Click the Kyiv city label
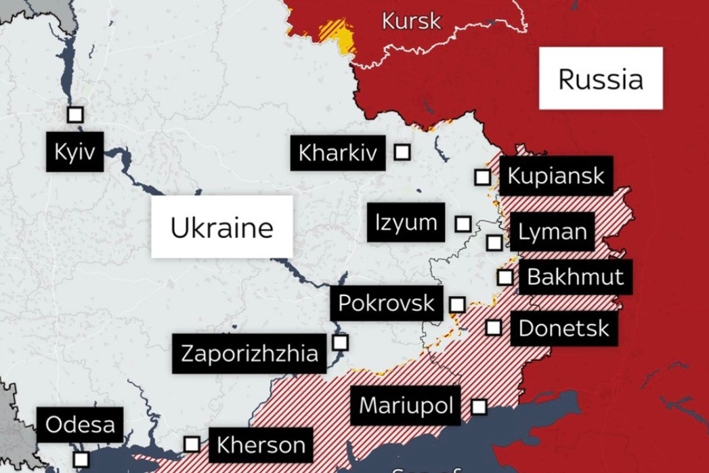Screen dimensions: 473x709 [x=74, y=152]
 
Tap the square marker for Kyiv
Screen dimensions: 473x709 [x=75, y=115]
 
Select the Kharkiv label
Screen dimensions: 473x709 [x=337, y=153]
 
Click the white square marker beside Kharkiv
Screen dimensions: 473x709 [x=402, y=152]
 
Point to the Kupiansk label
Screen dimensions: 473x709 [x=556, y=176]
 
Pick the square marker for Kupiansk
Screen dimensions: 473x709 [x=482, y=177]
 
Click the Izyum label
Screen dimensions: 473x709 [x=406, y=222]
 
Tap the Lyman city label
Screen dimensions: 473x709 [x=552, y=232]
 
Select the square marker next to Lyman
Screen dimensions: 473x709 [x=494, y=242]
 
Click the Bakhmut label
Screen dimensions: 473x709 [x=575, y=276]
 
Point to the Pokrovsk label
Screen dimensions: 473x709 [x=386, y=302]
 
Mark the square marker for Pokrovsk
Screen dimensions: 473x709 [x=458, y=304]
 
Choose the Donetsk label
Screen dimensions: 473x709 [x=563, y=329]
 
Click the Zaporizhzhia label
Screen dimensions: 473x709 [x=249, y=353]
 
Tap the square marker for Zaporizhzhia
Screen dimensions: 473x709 [x=340, y=342]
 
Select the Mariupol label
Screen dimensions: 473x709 [x=406, y=405]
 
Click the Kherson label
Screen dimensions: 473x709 [x=261, y=445]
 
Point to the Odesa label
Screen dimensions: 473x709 [x=80, y=425]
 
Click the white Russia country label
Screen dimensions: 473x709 [x=601, y=79]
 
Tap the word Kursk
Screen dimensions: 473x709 [x=411, y=20]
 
